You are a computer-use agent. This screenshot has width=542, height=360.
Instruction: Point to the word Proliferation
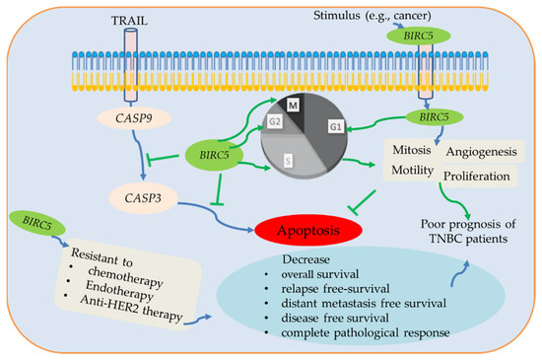pos(478,176)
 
